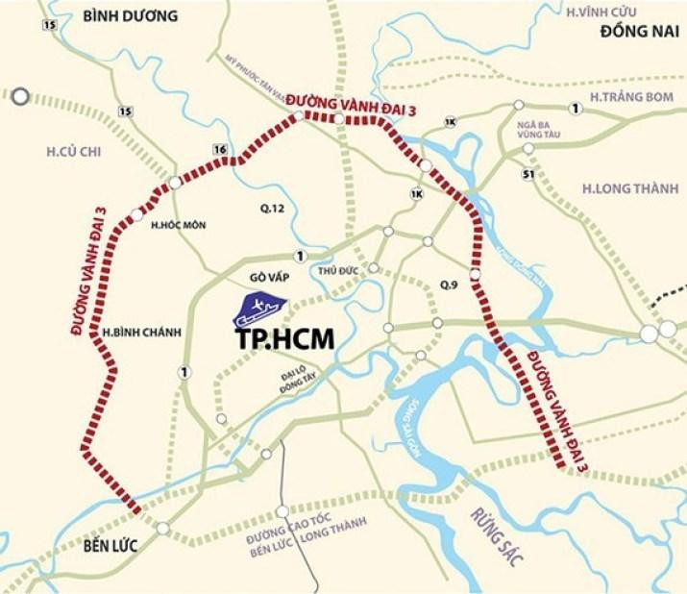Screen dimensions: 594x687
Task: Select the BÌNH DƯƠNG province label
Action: coord(131,15)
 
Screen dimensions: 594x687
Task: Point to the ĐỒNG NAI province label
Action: coord(633,33)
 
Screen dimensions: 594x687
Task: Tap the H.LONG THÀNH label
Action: coord(628,188)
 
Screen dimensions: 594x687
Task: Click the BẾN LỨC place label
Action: coord(104,545)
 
